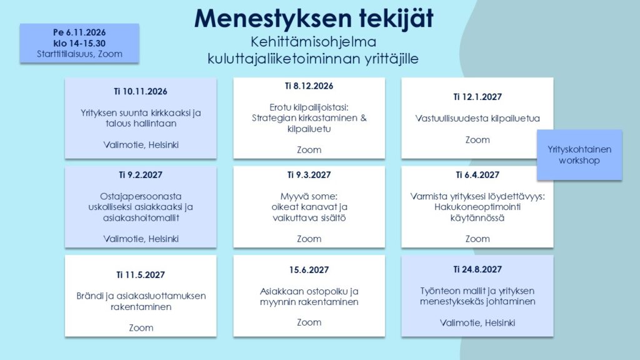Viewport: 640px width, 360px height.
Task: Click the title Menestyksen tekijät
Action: (314, 19)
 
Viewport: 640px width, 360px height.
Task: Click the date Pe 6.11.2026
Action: (79, 32)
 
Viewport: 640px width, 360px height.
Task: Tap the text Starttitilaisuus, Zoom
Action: (79, 54)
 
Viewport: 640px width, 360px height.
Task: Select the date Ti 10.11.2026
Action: (141, 91)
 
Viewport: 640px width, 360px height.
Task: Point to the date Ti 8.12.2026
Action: (309, 86)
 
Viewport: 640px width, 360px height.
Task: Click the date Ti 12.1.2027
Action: (477, 97)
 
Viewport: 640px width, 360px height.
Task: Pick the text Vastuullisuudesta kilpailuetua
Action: (477, 118)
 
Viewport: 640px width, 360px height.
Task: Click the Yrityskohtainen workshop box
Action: (579, 155)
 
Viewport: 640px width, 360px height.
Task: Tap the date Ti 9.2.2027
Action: (141, 175)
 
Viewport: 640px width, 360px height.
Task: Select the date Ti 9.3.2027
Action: (309, 175)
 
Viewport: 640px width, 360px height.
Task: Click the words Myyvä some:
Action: (309, 196)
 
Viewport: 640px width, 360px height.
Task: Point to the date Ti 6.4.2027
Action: (477, 175)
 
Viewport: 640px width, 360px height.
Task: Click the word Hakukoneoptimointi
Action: (477, 207)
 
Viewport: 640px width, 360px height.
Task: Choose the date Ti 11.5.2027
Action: (141, 275)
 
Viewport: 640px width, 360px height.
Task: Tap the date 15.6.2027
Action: (309, 270)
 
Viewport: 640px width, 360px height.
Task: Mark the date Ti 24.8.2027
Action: (477, 269)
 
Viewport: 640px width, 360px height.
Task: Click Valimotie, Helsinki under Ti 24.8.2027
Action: (477, 323)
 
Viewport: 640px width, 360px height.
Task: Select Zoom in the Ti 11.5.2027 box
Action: (141, 327)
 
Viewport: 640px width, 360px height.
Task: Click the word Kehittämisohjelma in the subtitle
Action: (314, 42)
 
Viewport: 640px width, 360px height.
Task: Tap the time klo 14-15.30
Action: (79, 43)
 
